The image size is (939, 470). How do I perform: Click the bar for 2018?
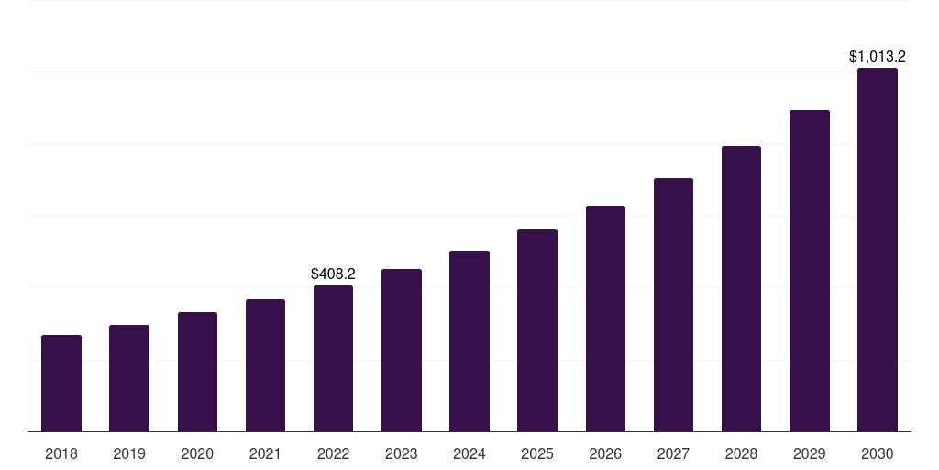click(61, 384)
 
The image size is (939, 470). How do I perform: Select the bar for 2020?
click(197, 372)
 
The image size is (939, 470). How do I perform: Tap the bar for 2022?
click(333, 359)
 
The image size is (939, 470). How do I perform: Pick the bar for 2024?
click(469, 341)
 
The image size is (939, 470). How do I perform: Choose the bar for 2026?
click(605, 319)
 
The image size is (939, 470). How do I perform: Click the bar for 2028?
click(741, 289)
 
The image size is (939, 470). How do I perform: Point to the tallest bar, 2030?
click(878, 250)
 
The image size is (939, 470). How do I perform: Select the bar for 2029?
click(810, 271)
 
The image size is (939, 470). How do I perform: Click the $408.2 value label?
click(333, 274)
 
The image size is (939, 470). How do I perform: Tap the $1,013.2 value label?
click(878, 57)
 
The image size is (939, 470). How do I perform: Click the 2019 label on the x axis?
click(129, 453)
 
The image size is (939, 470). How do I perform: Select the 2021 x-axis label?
click(265, 453)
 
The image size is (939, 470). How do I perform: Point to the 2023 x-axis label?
click(402, 453)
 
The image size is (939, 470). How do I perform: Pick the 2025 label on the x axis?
click(537, 453)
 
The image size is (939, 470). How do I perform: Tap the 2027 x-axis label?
click(673, 453)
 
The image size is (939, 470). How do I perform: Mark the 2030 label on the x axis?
click(878, 453)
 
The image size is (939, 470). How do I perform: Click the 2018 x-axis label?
click(61, 453)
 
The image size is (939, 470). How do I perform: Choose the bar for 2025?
click(537, 330)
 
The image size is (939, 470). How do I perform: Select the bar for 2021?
click(265, 365)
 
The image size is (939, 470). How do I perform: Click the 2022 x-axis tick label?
click(333, 453)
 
